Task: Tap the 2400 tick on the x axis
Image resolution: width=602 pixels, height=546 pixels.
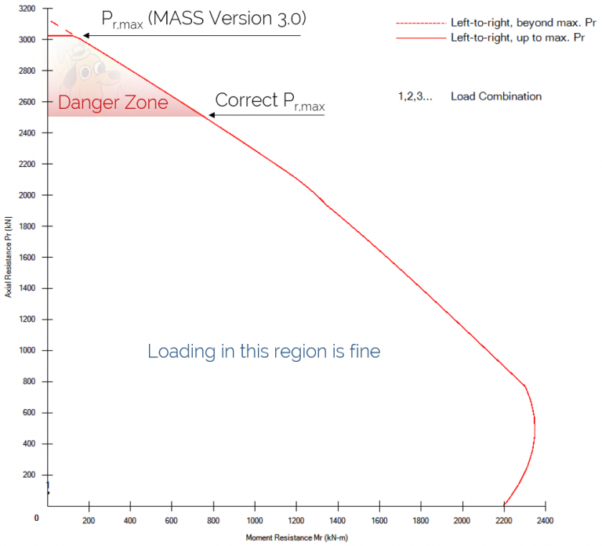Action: coord(546,519)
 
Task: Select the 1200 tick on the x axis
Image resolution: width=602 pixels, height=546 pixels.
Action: coord(296,519)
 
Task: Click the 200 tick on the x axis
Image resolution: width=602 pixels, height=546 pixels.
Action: coord(89,519)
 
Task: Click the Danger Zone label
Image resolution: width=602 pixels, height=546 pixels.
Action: coord(113,103)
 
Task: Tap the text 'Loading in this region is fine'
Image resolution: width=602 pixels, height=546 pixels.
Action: coord(263,352)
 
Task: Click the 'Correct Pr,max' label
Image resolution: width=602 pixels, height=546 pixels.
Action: coord(270,102)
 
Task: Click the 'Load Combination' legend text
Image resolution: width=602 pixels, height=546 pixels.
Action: coord(495,96)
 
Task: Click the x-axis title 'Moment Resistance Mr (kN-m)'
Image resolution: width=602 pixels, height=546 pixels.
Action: coord(296,537)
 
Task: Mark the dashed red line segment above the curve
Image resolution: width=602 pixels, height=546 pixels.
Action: coord(61,28)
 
